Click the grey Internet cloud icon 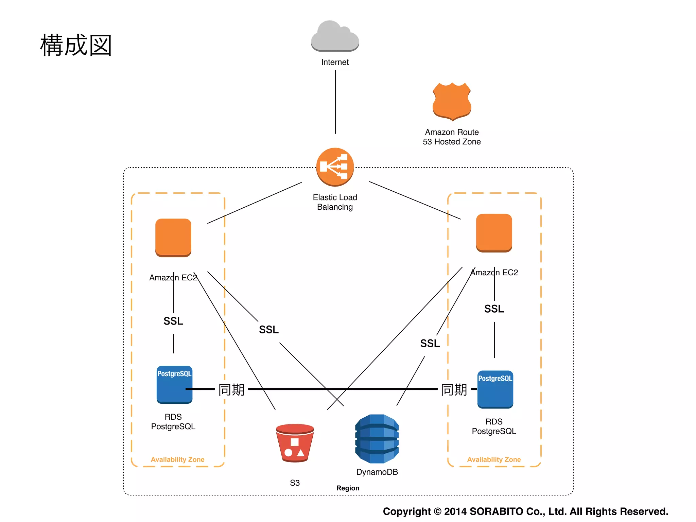point(335,37)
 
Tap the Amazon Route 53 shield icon point(452,101)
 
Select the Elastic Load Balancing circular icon point(335,167)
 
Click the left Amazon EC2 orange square point(173,237)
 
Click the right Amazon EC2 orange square point(494,232)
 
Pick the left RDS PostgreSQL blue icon point(174,384)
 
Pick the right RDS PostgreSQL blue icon point(495,389)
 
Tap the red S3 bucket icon point(295,442)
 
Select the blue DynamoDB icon point(377,438)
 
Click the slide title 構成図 point(76,45)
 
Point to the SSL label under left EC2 point(173,321)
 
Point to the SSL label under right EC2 point(494,309)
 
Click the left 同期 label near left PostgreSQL point(231,389)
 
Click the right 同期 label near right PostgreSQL point(454,389)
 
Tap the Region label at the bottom point(348,488)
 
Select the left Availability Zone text point(177,459)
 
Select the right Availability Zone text point(494,459)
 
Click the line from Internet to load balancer point(335,102)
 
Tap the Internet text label point(335,62)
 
